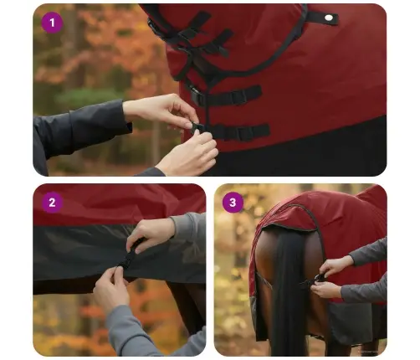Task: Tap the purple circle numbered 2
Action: click(x=53, y=202)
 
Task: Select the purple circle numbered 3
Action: click(x=233, y=202)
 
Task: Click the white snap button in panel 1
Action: click(x=329, y=18)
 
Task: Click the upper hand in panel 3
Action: click(x=335, y=266)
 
